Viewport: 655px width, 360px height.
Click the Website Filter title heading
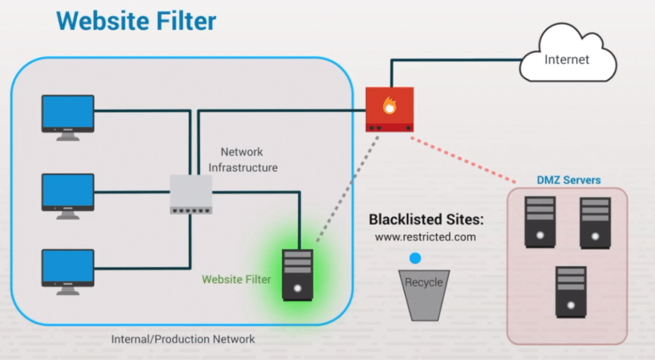click(136, 20)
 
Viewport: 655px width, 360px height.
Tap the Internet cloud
click(567, 59)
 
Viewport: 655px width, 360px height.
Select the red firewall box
click(390, 109)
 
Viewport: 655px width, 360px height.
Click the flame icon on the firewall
click(389, 106)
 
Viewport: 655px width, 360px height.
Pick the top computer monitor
click(68, 116)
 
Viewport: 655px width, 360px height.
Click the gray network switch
click(191, 194)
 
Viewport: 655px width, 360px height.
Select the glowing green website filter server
click(297, 274)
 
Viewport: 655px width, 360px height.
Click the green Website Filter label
click(236, 279)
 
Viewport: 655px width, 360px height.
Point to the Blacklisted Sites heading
click(427, 220)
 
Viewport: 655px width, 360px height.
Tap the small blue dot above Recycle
click(416, 258)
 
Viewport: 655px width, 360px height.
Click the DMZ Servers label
click(569, 180)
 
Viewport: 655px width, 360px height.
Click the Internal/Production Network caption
click(183, 339)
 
